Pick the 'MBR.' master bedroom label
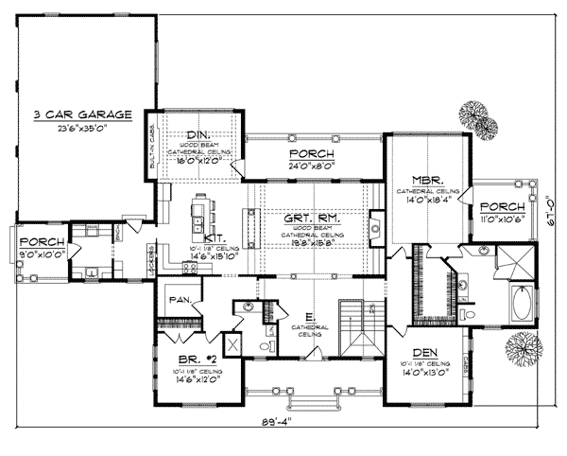point(421,178)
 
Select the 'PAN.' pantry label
point(180,300)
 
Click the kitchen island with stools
point(199,213)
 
